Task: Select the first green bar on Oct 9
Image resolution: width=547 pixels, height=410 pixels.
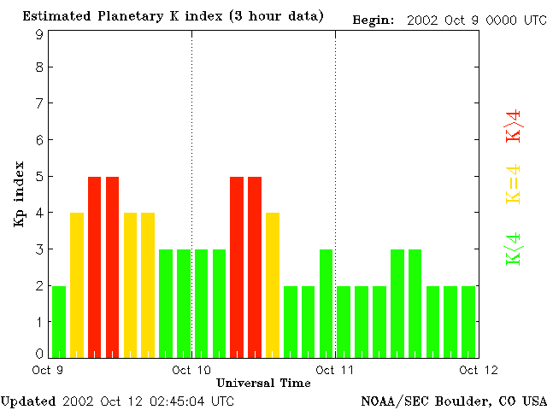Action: tap(59, 321)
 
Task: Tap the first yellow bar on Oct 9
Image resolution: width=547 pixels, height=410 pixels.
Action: tap(77, 284)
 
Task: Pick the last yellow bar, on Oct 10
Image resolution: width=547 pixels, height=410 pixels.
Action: tap(273, 284)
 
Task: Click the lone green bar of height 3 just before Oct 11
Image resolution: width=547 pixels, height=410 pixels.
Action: tap(326, 302)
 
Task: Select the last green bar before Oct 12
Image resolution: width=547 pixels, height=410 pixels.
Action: tap(468, 321)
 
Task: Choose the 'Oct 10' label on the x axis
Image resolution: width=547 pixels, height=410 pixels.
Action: tap(191, 370)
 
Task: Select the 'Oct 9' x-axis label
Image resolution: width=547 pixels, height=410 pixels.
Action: tap(48, 370)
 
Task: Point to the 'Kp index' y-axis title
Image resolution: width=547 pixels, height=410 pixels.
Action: tap(19, 194)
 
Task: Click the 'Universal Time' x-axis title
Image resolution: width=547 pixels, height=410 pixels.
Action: tap(263, 383)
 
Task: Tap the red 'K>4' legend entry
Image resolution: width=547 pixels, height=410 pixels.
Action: tap(514, 126)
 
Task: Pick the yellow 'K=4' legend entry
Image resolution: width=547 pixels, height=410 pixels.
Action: tap(514, 184)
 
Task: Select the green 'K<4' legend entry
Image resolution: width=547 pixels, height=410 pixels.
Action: tap(514, 249)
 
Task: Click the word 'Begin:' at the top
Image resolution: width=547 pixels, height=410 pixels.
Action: tap(373, 20)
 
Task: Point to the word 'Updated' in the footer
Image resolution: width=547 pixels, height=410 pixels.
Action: tap(28, 401)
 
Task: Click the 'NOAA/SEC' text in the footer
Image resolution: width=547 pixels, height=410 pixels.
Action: tap(391, 401)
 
